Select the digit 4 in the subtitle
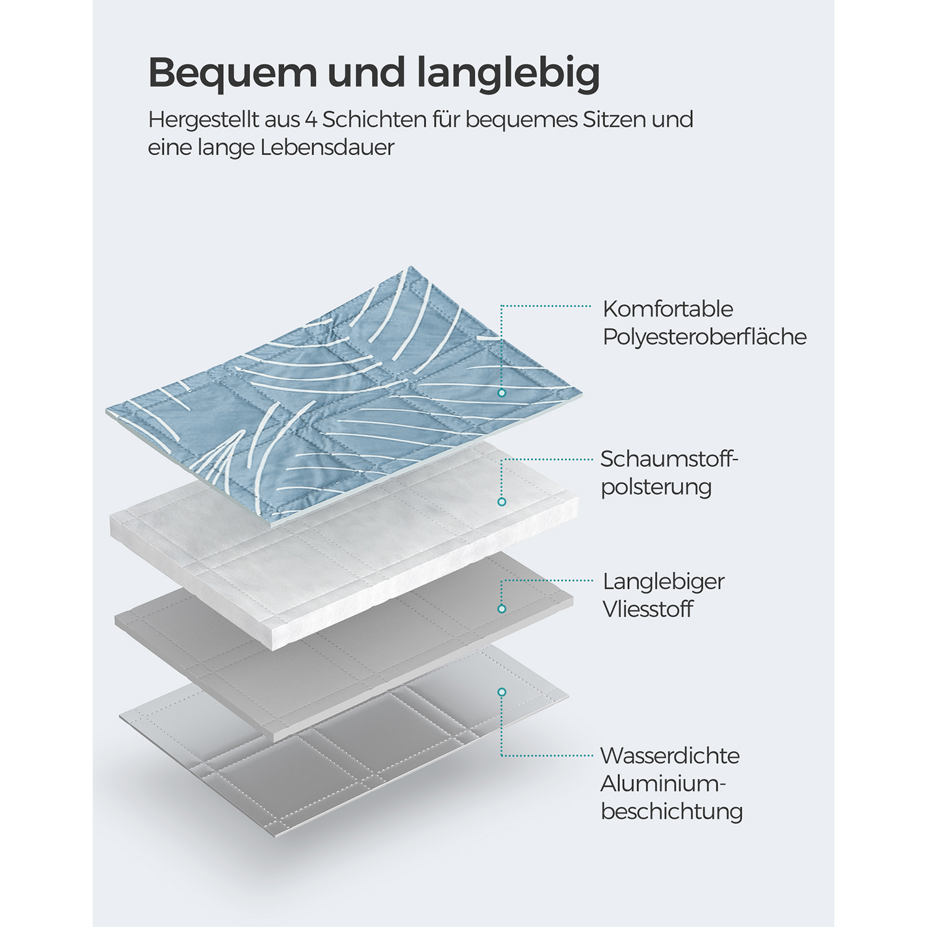pyautogui.click(x=310, y=119)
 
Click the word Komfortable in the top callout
pyautogui.click(x=668, y=309)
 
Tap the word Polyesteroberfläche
pyautogui.click(x=705, y=337)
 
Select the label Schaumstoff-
pyautogui.click(x=670, y=459)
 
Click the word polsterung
pyautogui.click(x=656, y=487)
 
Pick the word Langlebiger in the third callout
pyautogui.click(x=664, y=582)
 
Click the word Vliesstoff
pyautogui.click(x=648, y=609)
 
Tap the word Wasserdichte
pyautogui.click(x=670, y=755)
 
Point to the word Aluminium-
pyautogui.click(x=663, y=784)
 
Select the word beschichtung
pyautogui.click(x=672, y=811)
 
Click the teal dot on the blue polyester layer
pyautogui.click(x=502, y=393)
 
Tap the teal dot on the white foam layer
pyautogui.click(x=502, y=502)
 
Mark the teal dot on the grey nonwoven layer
pyautogui.click(x=502, y=609)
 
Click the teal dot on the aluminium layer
pyautogui.click(x=502, y=692)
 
